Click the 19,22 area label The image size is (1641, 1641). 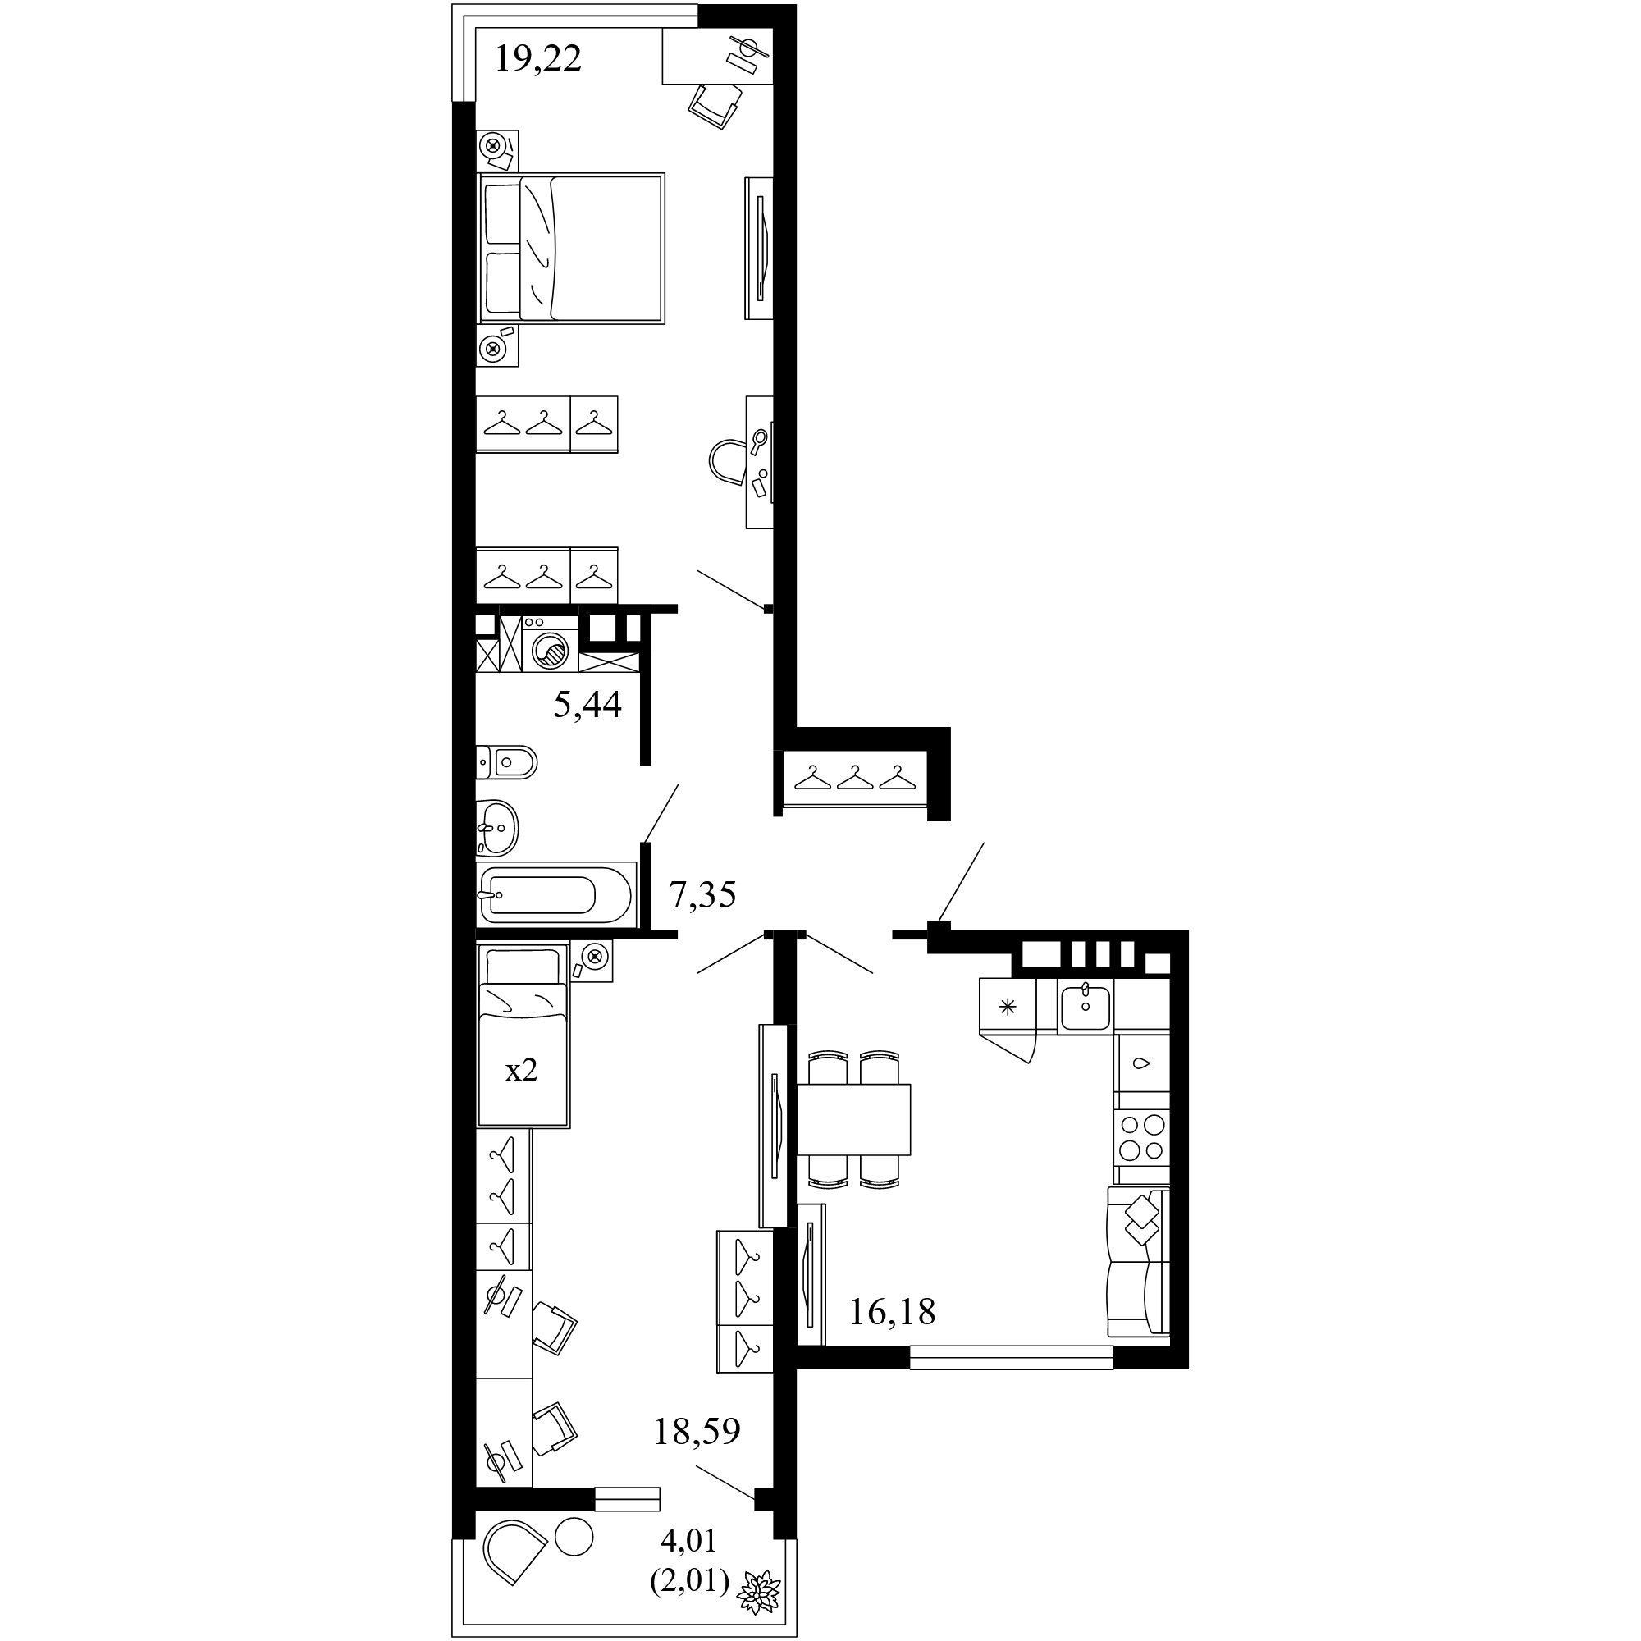[x=537, y=59]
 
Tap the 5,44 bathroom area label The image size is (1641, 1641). [x=587, y=704]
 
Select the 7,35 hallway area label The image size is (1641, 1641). [x=702, y=894]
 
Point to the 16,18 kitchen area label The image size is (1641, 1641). [x=892, y=1312]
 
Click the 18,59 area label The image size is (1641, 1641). [x=697, y=1431]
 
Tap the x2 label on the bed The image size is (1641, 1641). [x=522, y=1070]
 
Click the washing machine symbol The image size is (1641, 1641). [x=549, y=643]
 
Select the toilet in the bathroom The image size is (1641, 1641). [x=506, y=762]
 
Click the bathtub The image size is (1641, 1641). [x=556, y=893]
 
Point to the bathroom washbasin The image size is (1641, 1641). [x=497, y=827]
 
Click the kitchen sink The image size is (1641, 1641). [x=1086, y=1007]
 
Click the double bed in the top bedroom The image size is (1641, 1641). [x=572, y=248]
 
